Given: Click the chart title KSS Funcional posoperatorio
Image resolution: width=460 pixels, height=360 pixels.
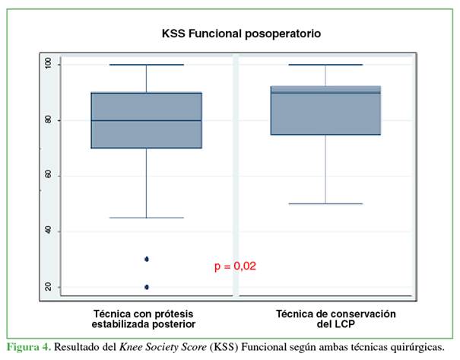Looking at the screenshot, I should coord(241,33).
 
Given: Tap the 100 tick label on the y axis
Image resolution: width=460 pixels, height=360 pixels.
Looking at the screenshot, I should coord(48,65).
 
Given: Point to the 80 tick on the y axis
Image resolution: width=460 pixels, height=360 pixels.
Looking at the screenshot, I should coord(48,120).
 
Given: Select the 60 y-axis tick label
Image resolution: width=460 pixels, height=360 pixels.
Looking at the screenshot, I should coord(48,176).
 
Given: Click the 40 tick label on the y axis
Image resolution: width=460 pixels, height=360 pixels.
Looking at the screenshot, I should coord(48,231).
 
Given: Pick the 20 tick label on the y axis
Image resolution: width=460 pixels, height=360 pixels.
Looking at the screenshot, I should coord(48,287).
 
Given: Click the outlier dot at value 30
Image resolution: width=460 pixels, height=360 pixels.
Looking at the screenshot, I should coord(147,259).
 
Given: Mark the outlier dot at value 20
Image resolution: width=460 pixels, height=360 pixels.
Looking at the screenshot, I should coord(147,287).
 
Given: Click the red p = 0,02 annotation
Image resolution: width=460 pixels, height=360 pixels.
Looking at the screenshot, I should coord(235,266).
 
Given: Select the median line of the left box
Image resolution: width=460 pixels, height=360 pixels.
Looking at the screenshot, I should coord(147,120).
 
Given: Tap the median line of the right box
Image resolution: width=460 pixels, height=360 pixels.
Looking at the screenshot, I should coord(325,93).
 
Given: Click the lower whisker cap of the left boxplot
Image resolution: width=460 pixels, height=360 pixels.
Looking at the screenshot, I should coord(147,218).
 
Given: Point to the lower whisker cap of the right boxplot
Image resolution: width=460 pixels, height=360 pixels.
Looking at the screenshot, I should coord(325,204).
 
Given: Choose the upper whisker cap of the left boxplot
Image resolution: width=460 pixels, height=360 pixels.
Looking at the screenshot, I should coord(147,65).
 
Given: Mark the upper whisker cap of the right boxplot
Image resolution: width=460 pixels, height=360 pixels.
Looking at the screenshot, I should coord(325,65).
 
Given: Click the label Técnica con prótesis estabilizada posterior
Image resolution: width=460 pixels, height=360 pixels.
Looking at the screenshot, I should coord(144,318).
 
